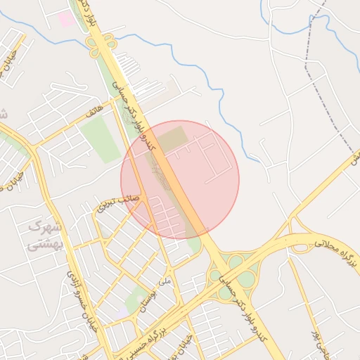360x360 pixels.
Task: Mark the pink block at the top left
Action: point(65,19)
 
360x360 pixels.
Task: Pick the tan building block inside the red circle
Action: point(172,138)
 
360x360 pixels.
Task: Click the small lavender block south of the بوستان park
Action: point(124,310)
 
